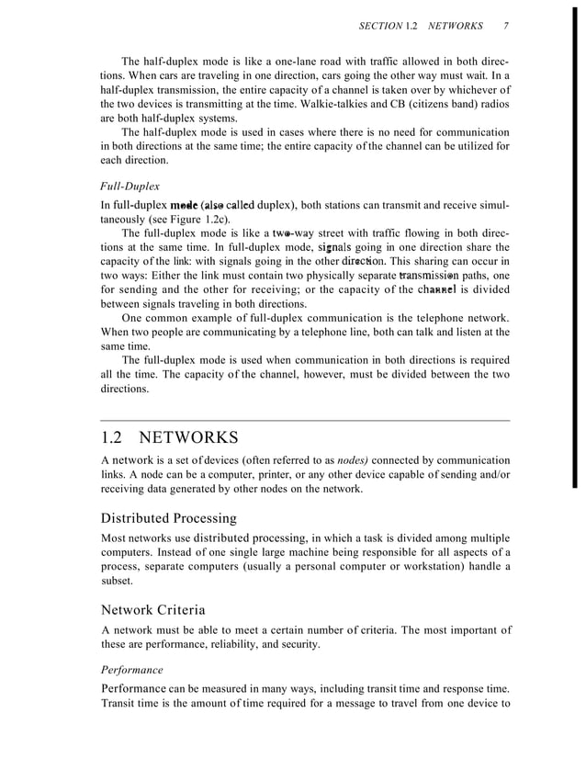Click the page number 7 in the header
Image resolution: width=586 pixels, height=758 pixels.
point(506,26)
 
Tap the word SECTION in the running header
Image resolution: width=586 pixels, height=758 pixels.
point(380,26)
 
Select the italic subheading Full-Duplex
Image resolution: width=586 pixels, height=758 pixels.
point(130,185)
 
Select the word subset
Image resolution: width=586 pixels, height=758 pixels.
point(117,581)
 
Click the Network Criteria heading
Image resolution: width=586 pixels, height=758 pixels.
point(152,609)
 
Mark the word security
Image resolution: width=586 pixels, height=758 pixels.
point(299,645)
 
